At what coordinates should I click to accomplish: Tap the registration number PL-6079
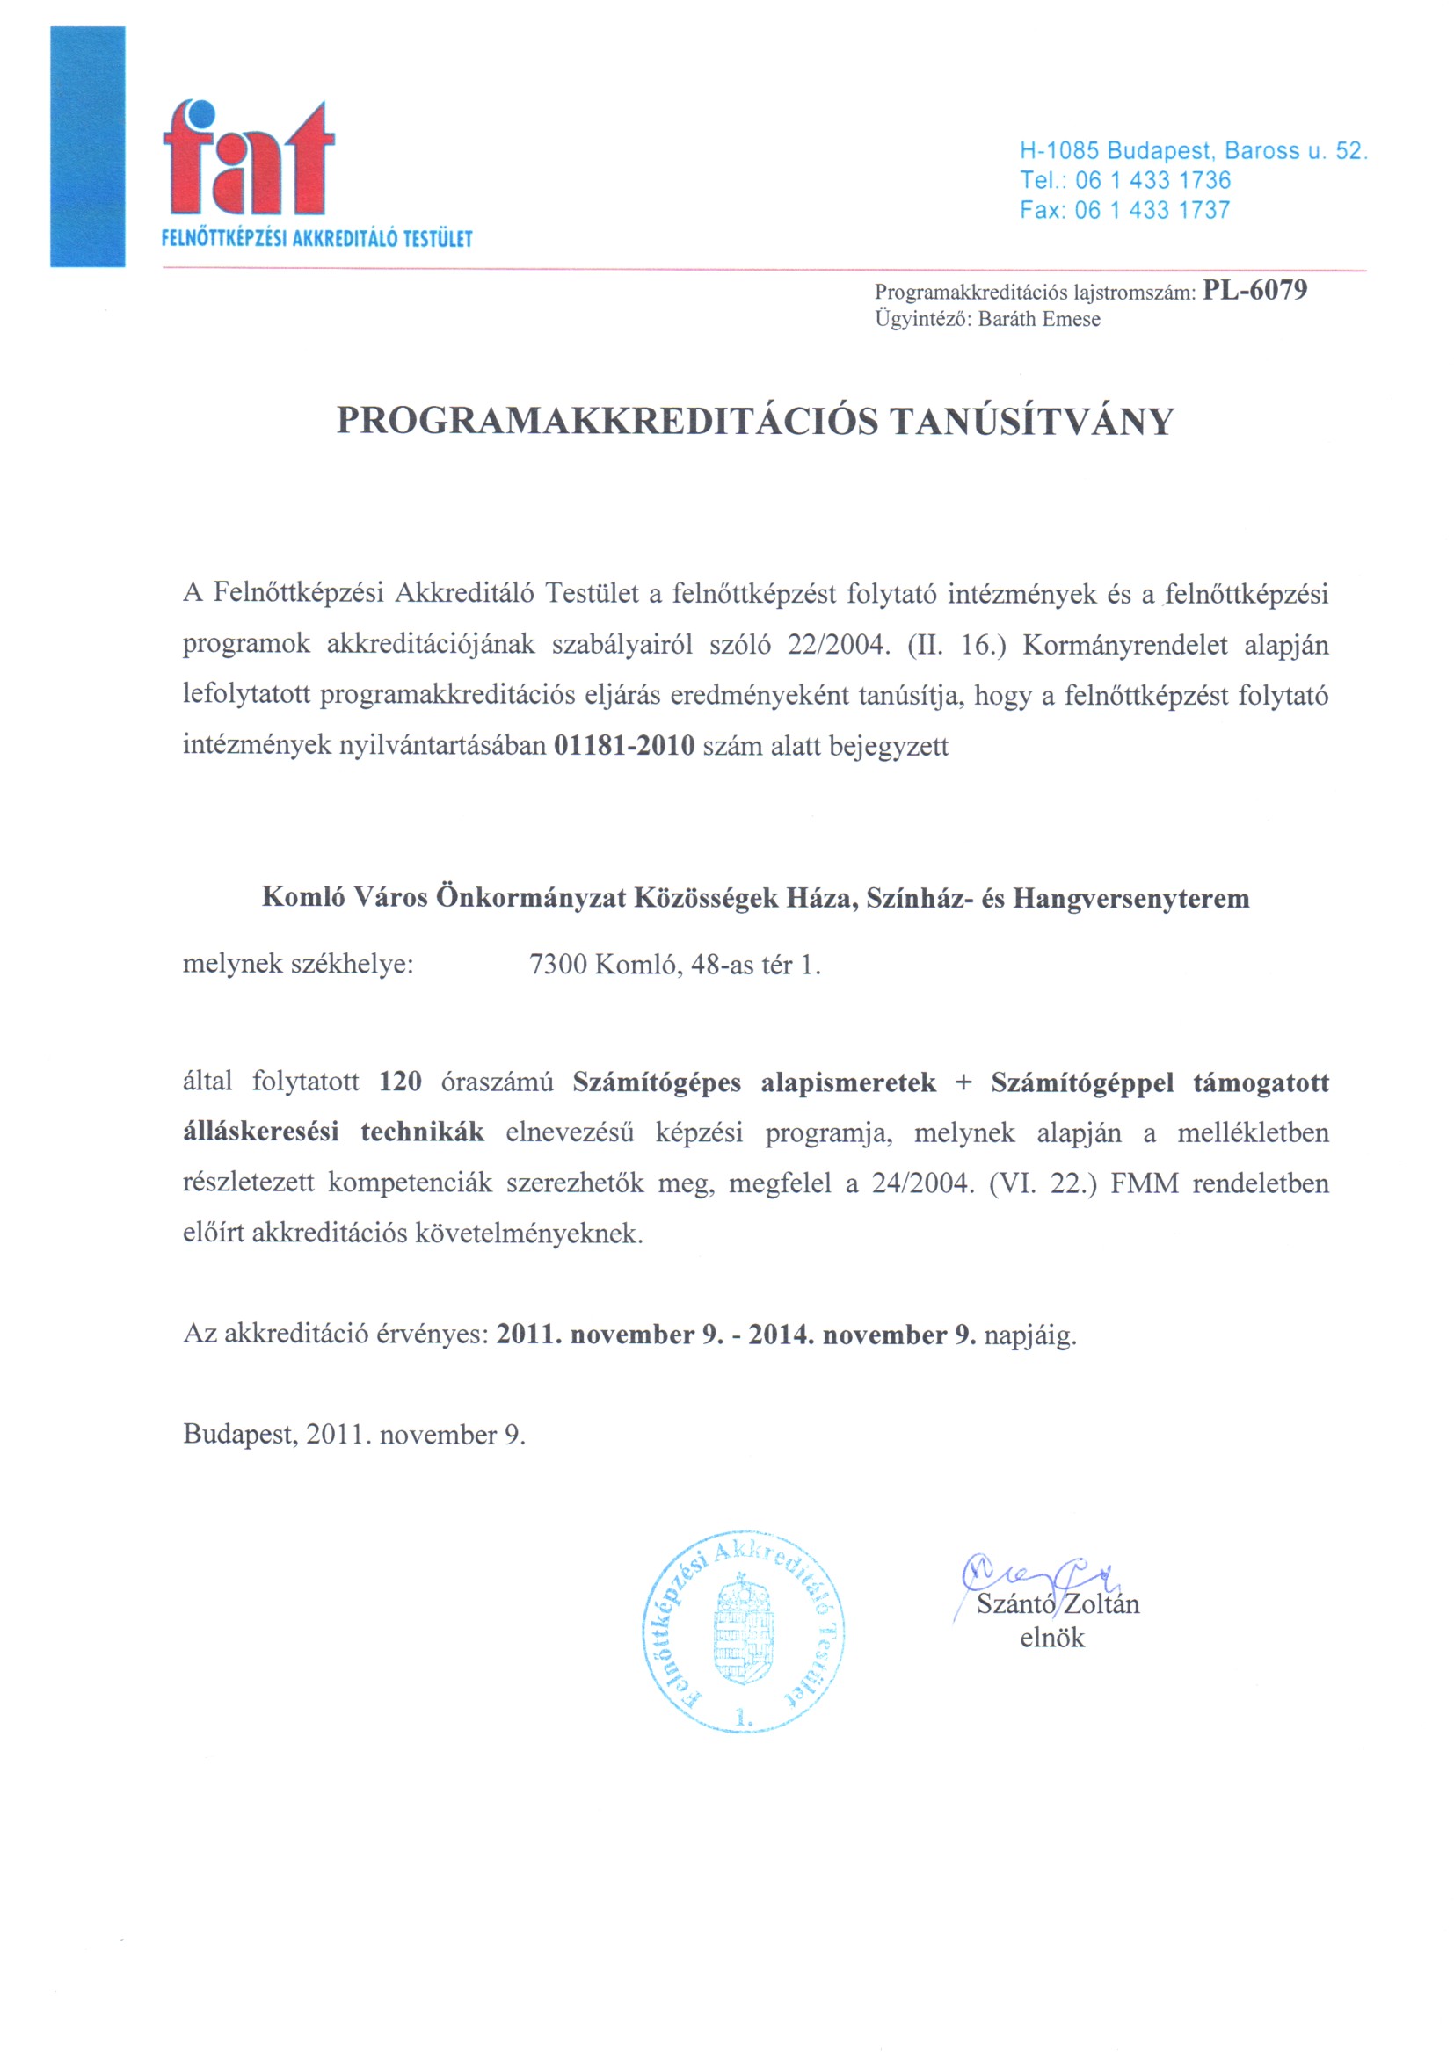(x=1254, y=291)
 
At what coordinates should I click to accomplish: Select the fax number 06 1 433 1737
(x=1152, y=210)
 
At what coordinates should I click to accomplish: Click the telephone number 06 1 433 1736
(x=1153, y=181)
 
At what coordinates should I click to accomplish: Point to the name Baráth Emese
(x=1038, y=320)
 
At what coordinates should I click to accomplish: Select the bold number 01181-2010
(x=624, y=746)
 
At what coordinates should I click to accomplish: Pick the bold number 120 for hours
(x=400, y=1082)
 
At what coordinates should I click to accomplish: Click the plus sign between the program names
(x=963, y=1083)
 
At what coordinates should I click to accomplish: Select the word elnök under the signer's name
(x=1052, y=1639)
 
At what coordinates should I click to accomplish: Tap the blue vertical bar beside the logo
(x=88, y=147)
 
